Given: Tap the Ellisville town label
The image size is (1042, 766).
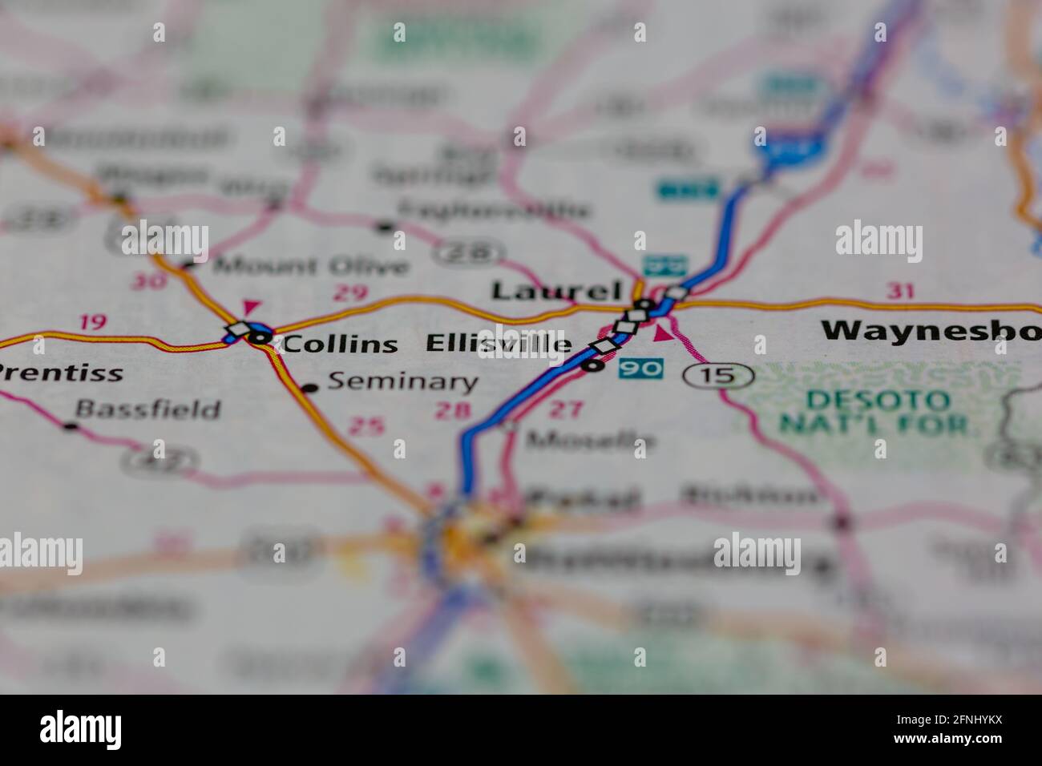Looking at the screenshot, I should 499,344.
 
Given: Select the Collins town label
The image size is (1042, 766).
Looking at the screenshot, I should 340,345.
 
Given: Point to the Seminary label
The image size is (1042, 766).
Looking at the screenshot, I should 402,381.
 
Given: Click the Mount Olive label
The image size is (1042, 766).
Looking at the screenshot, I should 312,265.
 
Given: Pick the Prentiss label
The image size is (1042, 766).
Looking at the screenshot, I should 60,373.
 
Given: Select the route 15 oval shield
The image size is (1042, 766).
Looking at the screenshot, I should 720,374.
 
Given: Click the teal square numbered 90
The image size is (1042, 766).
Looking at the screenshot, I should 641,369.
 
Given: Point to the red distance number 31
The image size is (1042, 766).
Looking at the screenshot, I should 900,292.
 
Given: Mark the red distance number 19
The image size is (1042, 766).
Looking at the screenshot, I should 93,322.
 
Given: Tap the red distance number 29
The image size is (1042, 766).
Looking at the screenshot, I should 350,292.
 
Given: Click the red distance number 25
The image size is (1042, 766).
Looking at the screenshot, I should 366,427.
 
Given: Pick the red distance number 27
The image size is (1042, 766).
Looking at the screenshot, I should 566,409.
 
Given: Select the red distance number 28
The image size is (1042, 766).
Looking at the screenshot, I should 452,411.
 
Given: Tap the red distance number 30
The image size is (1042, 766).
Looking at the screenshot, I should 151,280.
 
